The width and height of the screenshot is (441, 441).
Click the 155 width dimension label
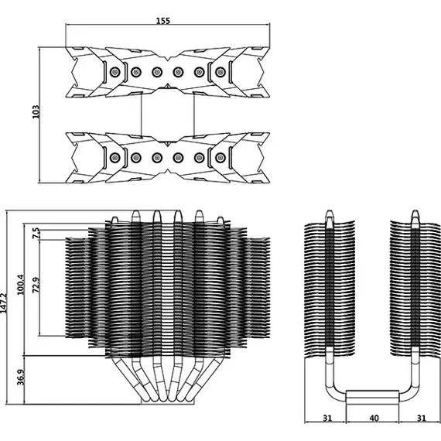click(163, 21)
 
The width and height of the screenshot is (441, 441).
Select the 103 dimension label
click(36, 111)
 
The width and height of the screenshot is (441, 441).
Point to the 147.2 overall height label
click(3, 303)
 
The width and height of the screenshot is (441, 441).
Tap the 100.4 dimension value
click(21, 285)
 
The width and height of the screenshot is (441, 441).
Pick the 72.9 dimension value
click(36, 285)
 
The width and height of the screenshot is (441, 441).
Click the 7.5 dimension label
click(36, 233)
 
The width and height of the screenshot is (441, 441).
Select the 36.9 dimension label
click(21, 377)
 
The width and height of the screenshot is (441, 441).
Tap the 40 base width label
click(374, 419)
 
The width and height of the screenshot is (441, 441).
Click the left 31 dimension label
click(327, 419)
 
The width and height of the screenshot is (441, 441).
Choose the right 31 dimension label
click(421, 419)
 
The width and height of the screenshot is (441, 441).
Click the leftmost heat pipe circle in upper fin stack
click(115, 72)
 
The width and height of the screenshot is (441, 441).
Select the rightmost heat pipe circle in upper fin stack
click(220, 72)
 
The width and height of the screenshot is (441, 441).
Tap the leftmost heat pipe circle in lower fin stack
click(115, 158)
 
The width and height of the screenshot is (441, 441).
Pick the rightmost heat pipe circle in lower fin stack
click(220, 158)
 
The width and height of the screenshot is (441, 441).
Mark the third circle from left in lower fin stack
click(157, 158)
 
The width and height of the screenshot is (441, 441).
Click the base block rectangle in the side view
click(372, 397)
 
